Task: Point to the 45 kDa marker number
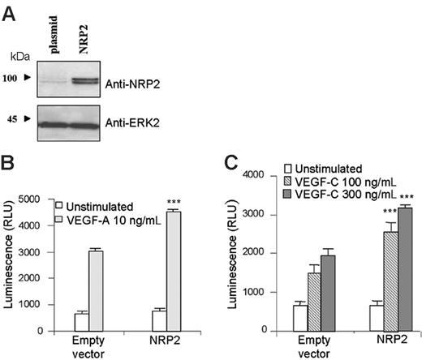[x=11, y=118]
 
